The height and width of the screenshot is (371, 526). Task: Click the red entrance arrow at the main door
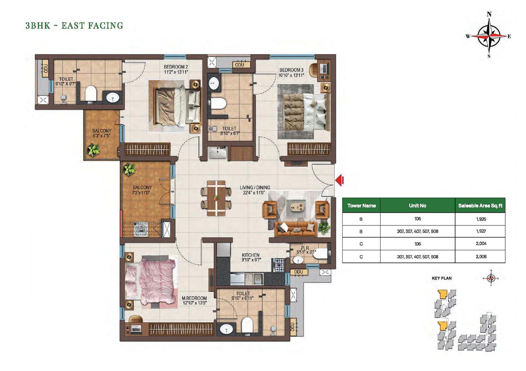click(x=339, y=181)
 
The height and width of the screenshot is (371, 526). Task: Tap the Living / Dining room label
click(x=255, y=190)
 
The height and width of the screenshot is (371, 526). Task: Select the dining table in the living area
click(x=216, y=198)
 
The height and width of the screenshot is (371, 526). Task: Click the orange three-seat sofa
click(x=296, y=229)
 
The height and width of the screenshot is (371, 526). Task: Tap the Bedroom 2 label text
click(x=176, y=70)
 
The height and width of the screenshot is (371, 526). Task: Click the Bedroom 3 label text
click(x=291, y=73)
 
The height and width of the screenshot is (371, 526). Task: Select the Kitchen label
click(x=251, y=257)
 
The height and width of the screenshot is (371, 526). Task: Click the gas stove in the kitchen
click(x=278, y=265)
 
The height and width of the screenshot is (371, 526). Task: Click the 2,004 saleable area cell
click(x=481, y=244)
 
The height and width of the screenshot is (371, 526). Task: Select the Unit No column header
click(x=417, y=206)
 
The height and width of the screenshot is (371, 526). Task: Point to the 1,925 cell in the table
click(x=481, y=219)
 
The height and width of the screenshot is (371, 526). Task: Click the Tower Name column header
click(x=361, y=206)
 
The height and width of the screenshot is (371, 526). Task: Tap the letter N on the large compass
click(x=489, y=14)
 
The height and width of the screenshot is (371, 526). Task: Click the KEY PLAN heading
click(x=442, y=278)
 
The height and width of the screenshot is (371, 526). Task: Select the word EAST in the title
click(x=72, y=26)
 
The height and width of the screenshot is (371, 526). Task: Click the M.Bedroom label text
click(x=194, y=301)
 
